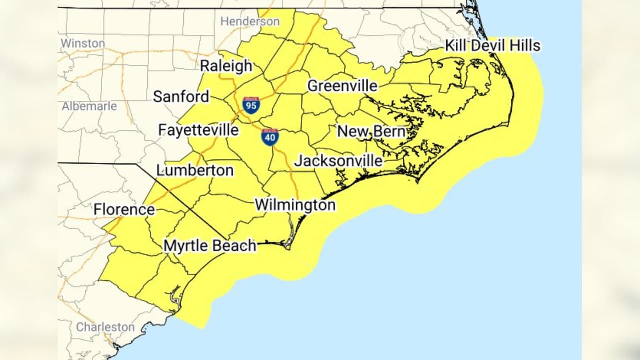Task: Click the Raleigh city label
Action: click(x=226, y=66)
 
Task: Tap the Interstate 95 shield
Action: click(x=251, y=105)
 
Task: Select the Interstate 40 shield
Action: click(x=270, y=137)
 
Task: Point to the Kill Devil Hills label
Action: click(x=492, y=46)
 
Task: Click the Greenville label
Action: click(x=342, y=86)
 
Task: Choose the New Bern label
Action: click(x=371, y=131)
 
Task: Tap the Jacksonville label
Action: click(x=338, y=161)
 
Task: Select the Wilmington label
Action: click(x=295, y=205)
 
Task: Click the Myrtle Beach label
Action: click(x=210, y=246)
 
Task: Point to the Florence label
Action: click(x=124, y=209)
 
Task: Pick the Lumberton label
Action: click(x=195, y=170)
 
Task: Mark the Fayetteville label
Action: click(x=198, y=130)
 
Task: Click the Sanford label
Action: click(x=181, y=96)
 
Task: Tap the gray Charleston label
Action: click(x=105, y=327)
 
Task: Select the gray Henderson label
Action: click(x=250, y=22)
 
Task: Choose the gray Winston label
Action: click(x=83, y=43)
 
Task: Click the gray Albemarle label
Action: click(x=89, y=106)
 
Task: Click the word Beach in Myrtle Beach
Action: click(x=234, y=246)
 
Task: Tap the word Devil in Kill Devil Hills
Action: click(x=491, y=46)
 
